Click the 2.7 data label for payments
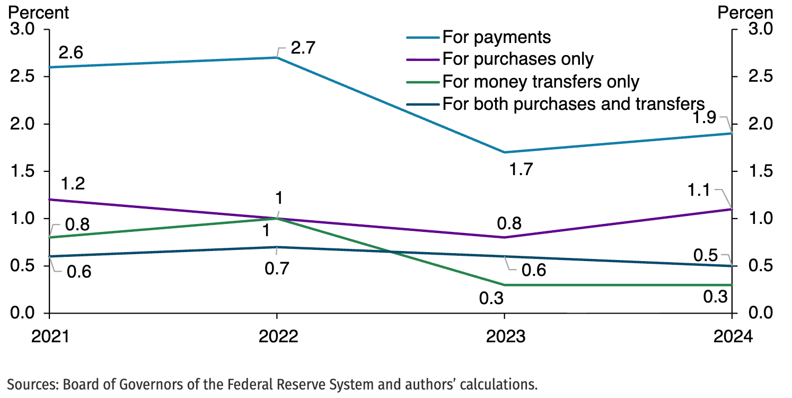pyautogui.click(x=303, y=48)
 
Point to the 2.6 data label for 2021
pyautogui.click(x=71, y=53)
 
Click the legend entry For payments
pyautogui.click(x=496, y=37)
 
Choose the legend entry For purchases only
pyautogui.click(x=517, y=59)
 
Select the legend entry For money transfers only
pyautogui.click(x=541, y=82)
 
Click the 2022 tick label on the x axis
pyautogui.click(x=276, y=336)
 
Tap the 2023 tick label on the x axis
pyautogui.click(x=504, y=336)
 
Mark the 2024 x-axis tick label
pyautogui.click(x=732, y=336)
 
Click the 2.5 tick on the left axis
pyautogui.click(x=22, y=76)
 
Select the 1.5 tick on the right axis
pyautogui.click(x=759, y=171)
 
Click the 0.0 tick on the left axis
pyautogui.click(x=22, y=313)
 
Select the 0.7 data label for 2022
pyautogui.click(x=276, y=269)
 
